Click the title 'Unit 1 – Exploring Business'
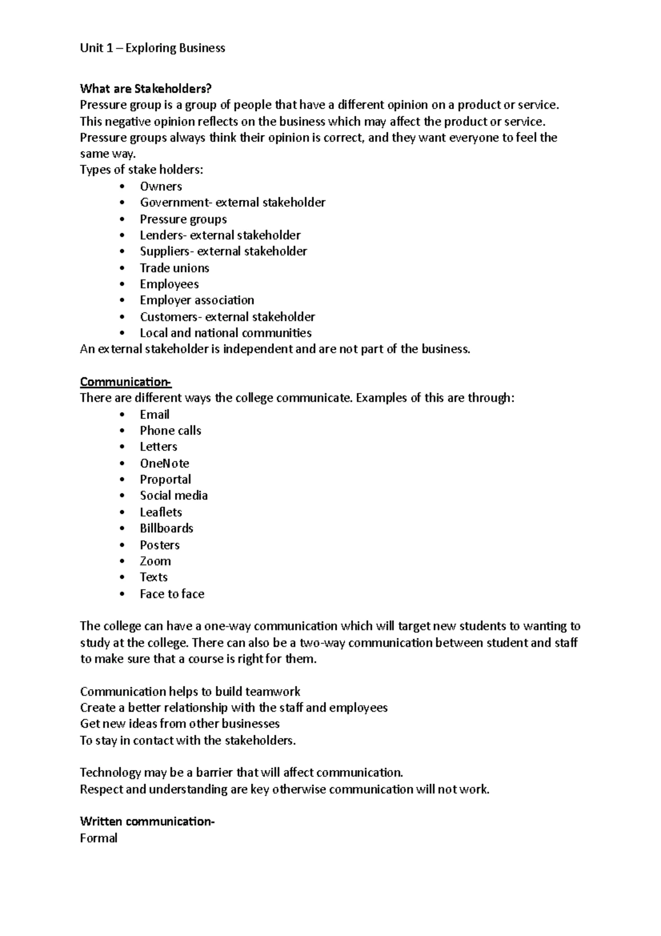pos(152,48)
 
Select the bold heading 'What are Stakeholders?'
pos(145,88)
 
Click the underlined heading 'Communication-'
pos(126,382)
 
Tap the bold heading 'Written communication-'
pos(147,821)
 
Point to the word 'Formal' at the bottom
pos(99,838)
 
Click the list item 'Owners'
pos(161,186)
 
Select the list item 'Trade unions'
pos(174,268)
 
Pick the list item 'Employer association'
pos(197,300)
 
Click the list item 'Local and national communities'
pos(225,333)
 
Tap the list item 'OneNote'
pos(164,464)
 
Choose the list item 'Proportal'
pos(165,480)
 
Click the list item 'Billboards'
pos(166,529)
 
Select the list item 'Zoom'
pos(155,561)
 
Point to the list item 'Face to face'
pos(172,594)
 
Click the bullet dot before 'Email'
pos(122,415)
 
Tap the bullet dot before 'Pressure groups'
pos(122,219)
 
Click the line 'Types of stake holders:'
pos(142,170)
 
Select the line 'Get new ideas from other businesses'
pos(180,724)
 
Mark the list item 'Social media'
pos(174,496)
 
